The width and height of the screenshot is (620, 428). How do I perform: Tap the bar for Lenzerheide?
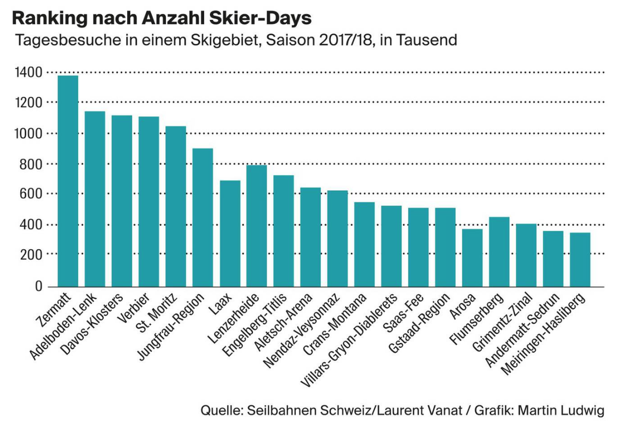(x=257, y=226)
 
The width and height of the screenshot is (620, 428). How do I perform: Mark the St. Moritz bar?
(x=176, y=206)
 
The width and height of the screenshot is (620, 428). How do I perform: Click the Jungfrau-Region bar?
(x=203, y=218)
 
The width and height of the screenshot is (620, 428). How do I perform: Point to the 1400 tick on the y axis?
(x=28, y=73)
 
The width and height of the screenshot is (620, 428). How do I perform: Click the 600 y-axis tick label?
(x=31, y=194)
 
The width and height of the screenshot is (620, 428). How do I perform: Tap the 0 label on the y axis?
(x=38, y=286)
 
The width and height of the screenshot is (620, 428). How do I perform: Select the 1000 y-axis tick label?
(x=28, y=133)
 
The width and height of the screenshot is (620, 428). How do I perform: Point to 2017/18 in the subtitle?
(x=345, y=40)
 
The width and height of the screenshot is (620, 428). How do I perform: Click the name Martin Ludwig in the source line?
(x=561, y=411)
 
